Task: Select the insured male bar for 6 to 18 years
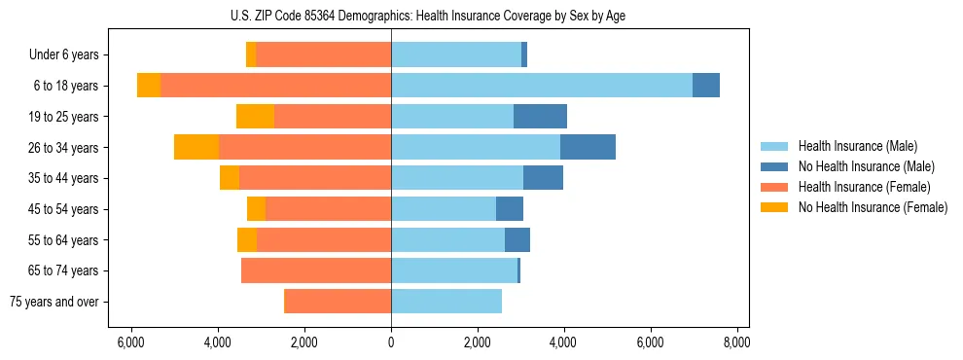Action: point(542,86)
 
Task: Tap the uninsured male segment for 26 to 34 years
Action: point(588,147)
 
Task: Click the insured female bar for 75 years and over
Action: point(338,302)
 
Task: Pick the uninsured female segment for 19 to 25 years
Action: point(255,117)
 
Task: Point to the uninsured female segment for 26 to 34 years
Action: point(196,147)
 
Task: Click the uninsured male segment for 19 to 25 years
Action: point(540,117)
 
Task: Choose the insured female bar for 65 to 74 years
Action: point(316,270)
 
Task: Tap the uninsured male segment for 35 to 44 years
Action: point(543,178)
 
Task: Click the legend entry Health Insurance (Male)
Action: point(857,147)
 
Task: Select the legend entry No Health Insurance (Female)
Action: point(873,207)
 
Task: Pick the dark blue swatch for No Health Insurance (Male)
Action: point(774,167)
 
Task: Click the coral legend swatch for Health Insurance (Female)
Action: point(774,187)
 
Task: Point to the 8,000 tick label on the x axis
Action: point(736,342)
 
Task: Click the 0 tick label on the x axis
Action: point(391,342)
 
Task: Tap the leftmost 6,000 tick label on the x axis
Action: point(131,342)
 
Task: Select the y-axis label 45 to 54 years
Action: point(64,209)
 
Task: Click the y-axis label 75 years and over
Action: point(54,302)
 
